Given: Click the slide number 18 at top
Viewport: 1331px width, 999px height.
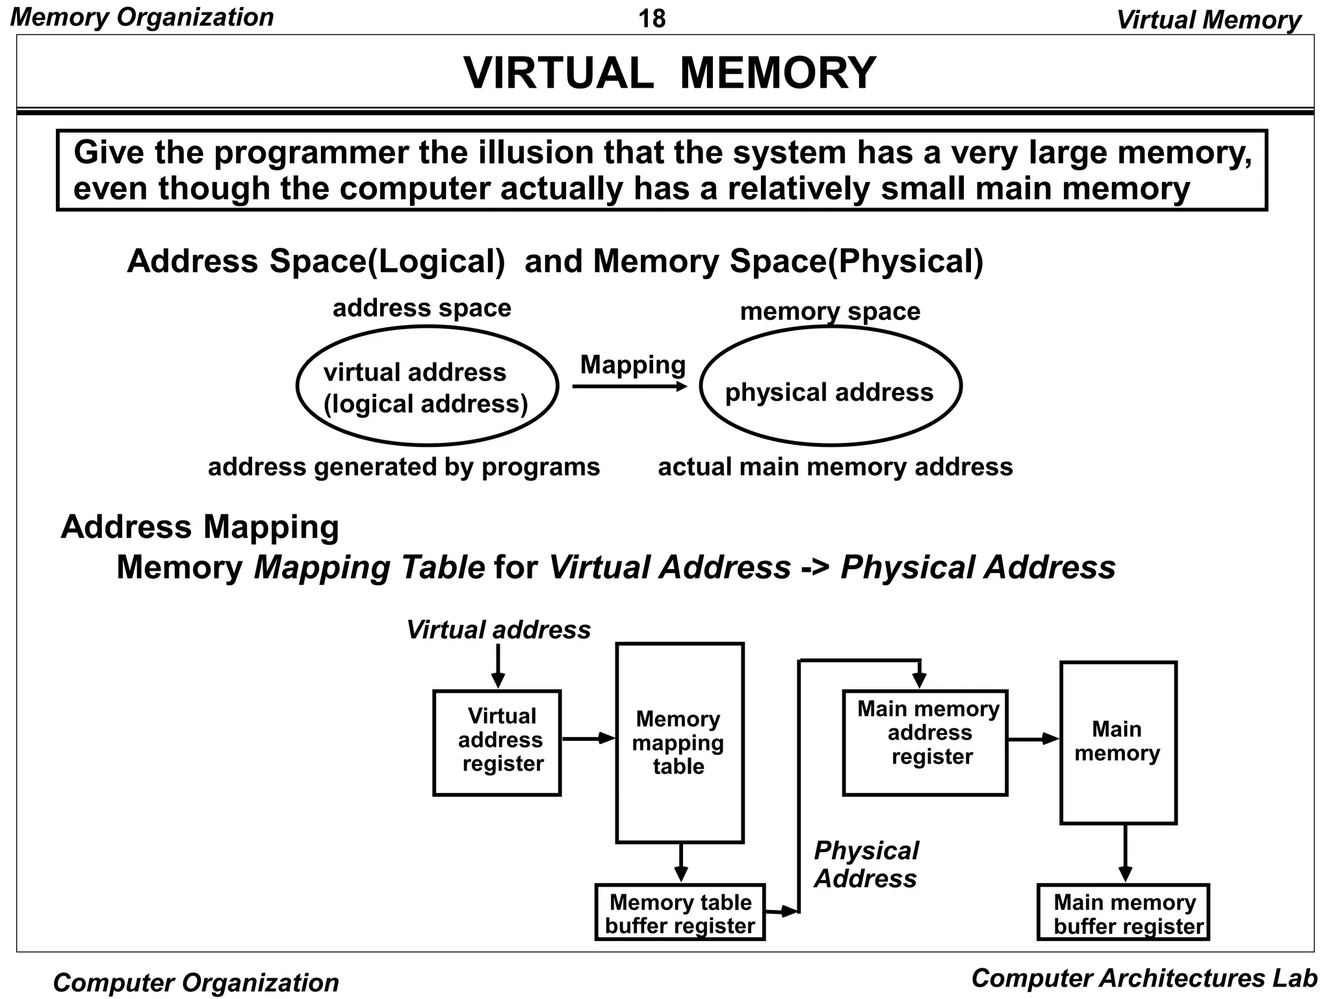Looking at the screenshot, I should click(652, 18).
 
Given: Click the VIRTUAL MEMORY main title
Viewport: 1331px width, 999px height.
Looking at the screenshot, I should click(669, 73).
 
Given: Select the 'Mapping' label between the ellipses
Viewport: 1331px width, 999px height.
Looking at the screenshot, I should click(632, 365).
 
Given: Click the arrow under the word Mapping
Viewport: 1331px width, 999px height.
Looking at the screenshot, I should click(629, 387).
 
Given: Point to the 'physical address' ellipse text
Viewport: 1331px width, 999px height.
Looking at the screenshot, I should click(829, 392).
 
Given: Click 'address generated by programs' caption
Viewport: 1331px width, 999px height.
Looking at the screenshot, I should click(404, 467).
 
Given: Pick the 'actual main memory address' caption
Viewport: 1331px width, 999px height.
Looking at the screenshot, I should click(835, 467).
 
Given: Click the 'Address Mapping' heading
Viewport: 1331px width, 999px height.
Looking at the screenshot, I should click(200, 526).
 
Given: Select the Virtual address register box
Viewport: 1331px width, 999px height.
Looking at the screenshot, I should click(497, 742).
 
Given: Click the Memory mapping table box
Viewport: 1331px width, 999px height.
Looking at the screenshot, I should click(679, 742).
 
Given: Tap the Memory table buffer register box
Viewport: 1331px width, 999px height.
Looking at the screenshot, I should click(680, 912).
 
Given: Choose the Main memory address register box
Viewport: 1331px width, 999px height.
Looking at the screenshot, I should click(925, 742).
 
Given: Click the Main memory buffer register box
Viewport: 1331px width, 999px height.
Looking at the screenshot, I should click(1123, 912).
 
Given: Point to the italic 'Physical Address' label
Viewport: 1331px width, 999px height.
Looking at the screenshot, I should click(866, 864).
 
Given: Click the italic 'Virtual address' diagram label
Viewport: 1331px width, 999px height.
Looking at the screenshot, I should click(498, 630).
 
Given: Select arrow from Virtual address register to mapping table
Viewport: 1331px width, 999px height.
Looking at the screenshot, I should click(588, 738).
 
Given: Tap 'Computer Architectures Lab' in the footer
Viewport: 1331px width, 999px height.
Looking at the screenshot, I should click(1144, 978).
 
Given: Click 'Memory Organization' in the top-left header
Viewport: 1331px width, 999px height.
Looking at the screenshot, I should click(142, 17).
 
